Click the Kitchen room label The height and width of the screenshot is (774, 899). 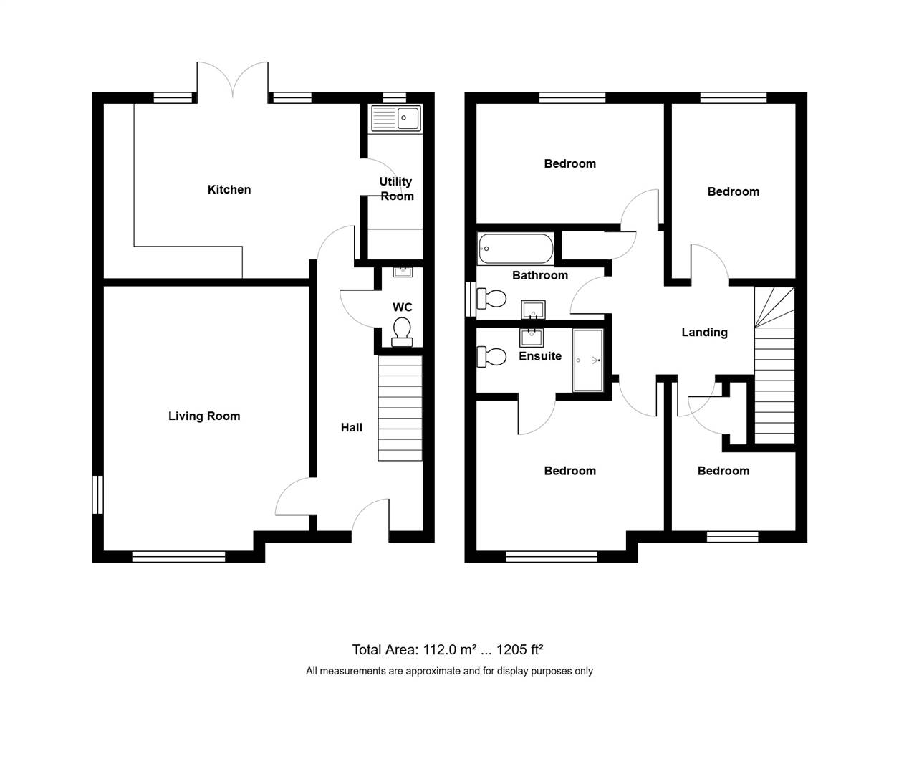(x=229, y=190)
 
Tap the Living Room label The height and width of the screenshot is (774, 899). (x=204, y=416)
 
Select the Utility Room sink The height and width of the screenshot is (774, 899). (x=396, y=118)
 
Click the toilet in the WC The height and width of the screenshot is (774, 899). (x=402, y=332)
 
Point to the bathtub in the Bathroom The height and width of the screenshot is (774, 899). (x=516, y=249)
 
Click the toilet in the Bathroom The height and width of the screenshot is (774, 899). (x=492, y=298)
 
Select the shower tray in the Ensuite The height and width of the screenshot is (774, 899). (x=588, y=360)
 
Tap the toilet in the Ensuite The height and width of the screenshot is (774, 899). (x=492, y=357)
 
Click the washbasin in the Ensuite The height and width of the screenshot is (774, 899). (x=532, y=337)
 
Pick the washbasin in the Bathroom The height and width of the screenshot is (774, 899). (x=533, y=310)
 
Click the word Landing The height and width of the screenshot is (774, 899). (x=704, y=333)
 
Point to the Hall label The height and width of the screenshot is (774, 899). (x=352, y=428)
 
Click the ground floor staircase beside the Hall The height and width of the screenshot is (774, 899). (x=400, y=408)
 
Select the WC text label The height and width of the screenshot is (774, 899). (x=403, y=307)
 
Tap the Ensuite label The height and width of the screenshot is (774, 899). (x=540, y=356)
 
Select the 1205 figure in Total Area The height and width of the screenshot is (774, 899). (x=511, y=650)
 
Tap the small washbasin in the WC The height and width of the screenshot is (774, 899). (x=403, y=272)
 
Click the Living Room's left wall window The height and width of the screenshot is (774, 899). (x=98, y=494)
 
